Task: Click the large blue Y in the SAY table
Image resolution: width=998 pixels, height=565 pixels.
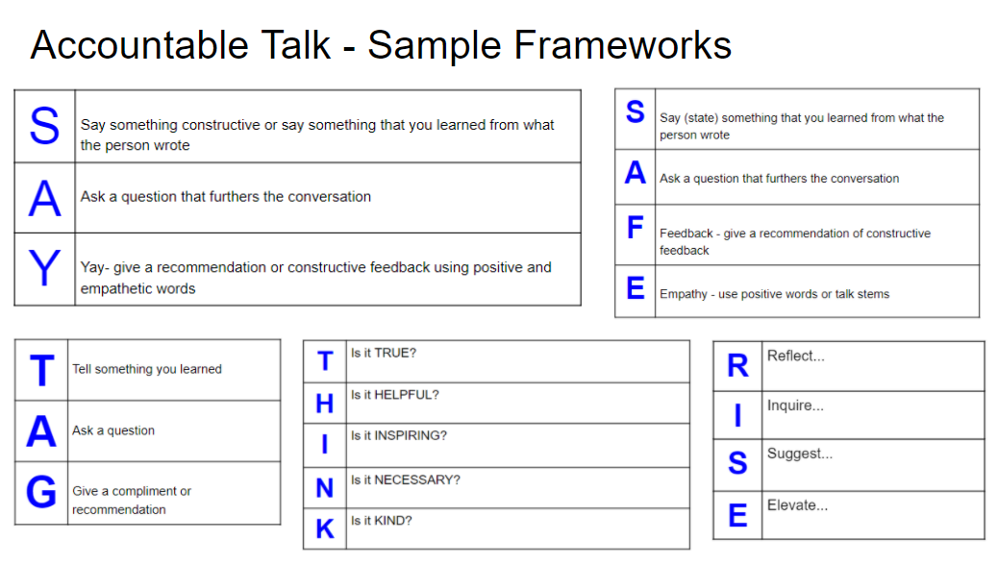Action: pos(44,269)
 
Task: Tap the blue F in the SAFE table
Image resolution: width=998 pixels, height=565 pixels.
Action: pos(635,228)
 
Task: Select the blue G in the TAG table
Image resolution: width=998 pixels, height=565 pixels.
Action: pos(41,492)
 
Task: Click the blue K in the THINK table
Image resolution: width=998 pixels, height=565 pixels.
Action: pos(325,528)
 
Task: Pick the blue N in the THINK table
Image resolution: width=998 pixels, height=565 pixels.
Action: pos(325,488)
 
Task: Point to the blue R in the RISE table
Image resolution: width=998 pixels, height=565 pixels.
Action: pos(737,366)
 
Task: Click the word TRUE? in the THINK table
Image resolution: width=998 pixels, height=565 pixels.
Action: pos(395,354)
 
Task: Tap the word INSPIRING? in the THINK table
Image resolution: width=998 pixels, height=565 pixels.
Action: pos(411,435)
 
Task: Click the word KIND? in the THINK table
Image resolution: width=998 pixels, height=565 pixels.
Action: pos(393,521)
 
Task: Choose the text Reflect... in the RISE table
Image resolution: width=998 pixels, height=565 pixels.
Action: pos(796,356)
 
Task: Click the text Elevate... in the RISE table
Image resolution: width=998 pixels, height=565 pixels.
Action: pos(797,505)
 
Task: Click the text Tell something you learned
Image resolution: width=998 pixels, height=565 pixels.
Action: pos(147,369)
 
